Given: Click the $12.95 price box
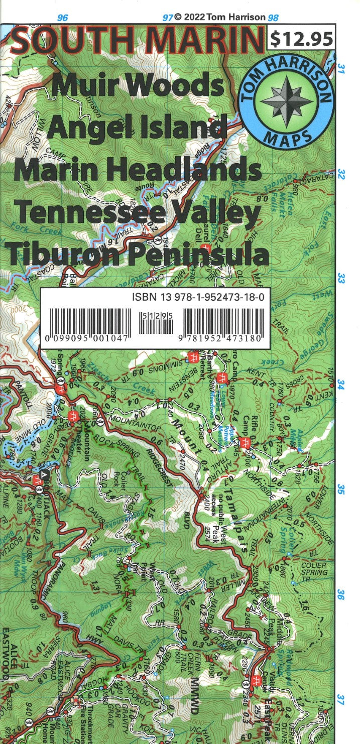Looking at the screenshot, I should [302, 38].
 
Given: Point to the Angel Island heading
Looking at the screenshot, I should [136, 127].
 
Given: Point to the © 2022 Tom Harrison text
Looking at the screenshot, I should [219, 17].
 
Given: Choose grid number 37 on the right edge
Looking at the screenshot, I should [341, 698].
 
